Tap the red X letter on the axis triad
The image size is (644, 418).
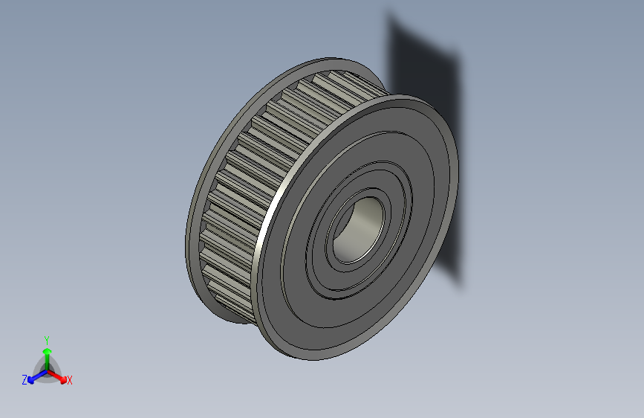pyautogui.click(x=70, y=380)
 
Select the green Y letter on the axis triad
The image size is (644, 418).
pyautogui.click(x=46, y=338)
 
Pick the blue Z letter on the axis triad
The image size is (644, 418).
pyautogui.click(x=25, y=379)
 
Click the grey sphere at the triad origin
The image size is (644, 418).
pyautogui.click(x=47, y=369)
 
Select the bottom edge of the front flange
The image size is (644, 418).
pyautogui.click(x=312, y=356)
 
